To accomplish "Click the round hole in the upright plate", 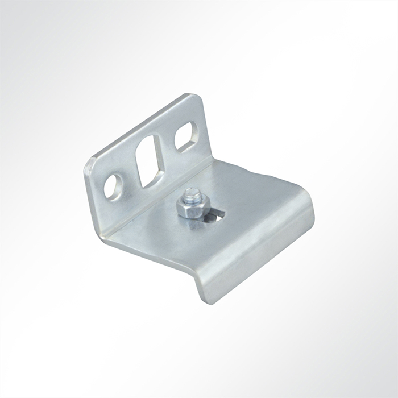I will pos(113,186).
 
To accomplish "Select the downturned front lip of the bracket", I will pos(256,256).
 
